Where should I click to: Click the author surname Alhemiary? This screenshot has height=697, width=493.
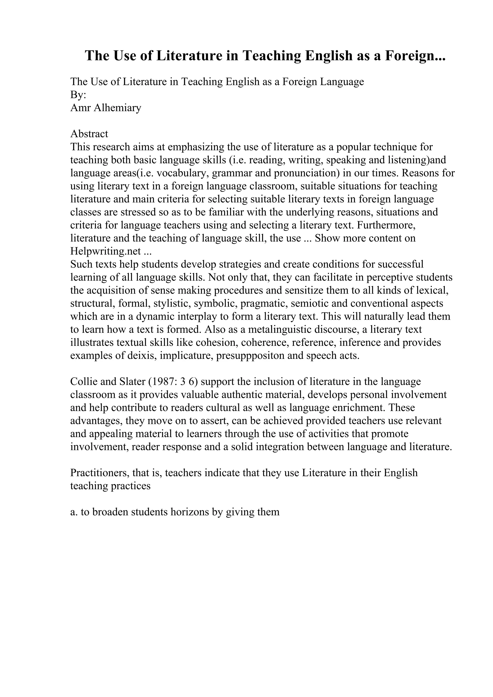117,108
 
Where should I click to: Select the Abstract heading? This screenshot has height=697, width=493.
89,134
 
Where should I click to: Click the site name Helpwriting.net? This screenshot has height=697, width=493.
105,251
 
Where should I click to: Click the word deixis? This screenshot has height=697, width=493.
139,355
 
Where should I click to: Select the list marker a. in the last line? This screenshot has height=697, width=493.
74,512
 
